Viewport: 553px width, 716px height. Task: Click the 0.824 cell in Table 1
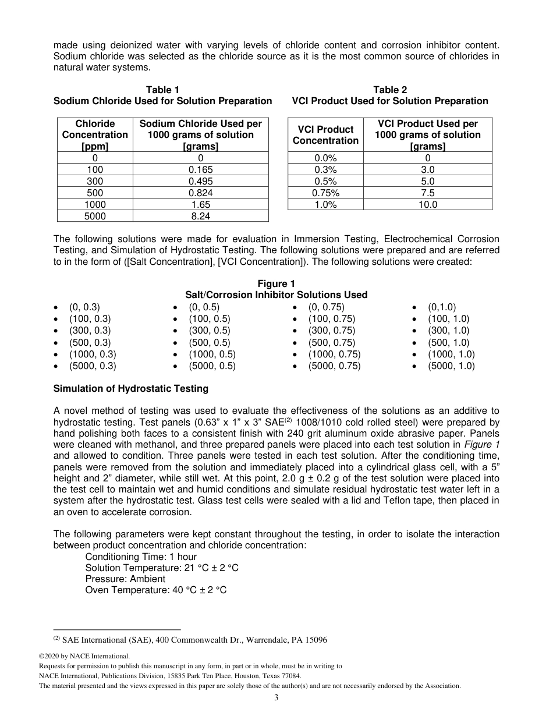click(x=200, y=193)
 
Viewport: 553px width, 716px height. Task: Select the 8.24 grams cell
click(x=200, y=216)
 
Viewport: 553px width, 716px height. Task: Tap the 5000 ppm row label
click(x=95, y=216)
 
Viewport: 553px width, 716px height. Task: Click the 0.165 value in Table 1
click(x=200, y=169)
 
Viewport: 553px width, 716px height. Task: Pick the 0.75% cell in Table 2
click(x=326, y=193)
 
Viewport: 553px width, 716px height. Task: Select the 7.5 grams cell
click(x=427, y=193)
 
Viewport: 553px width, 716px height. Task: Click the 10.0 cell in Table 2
click(x=427, y=204)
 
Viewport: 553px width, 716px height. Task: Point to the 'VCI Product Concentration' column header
click(x=326, y=135)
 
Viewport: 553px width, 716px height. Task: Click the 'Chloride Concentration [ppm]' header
click(x=95, y=135)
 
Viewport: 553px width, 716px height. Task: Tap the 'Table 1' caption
click(x=162, y=90)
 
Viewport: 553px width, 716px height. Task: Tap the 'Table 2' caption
click(x=390, y=90)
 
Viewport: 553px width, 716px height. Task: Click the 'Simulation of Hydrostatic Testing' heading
click(x=130, y=388)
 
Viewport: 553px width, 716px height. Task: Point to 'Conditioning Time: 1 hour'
click(x=141, y=557)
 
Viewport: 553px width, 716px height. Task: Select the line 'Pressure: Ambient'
click(x=125, y=579)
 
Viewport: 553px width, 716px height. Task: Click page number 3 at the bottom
click(x=276, y=698)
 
